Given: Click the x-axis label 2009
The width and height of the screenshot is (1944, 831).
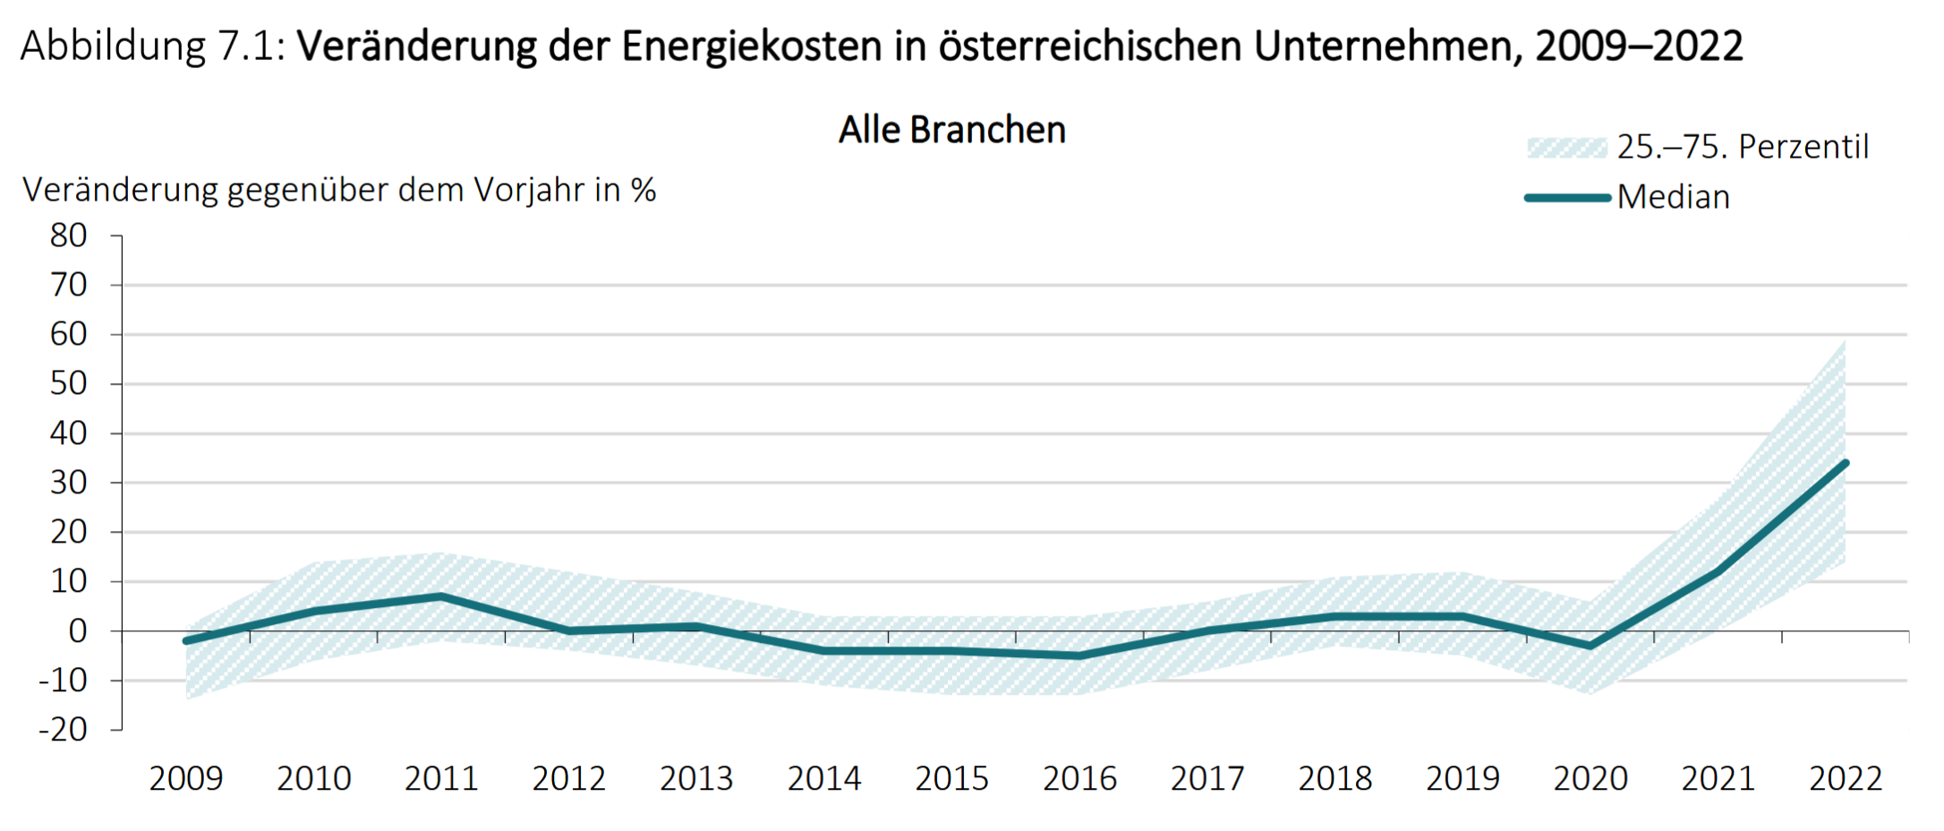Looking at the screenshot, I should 186,779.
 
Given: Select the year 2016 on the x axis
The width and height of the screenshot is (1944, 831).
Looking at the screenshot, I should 1079,779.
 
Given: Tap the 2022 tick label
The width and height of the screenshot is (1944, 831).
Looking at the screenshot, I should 1846,779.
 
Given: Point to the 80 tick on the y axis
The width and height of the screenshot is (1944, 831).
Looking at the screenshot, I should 69,236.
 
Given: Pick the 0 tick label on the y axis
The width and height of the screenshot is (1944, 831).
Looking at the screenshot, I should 78,631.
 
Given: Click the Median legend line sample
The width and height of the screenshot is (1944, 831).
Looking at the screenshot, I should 1567,198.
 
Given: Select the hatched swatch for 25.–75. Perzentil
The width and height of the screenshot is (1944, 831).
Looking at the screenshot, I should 1567,148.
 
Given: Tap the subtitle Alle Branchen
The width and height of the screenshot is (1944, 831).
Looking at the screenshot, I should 952,131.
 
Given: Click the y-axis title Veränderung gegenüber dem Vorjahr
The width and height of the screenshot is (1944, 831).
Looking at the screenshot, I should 339,191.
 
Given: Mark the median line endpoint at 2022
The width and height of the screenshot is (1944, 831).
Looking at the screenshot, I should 1846,463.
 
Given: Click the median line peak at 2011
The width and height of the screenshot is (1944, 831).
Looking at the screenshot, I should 441,596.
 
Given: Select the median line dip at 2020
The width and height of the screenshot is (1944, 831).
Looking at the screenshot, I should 1590,646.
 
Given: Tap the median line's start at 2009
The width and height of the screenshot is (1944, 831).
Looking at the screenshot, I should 186,641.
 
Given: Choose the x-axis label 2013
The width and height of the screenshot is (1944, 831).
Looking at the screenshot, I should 696,779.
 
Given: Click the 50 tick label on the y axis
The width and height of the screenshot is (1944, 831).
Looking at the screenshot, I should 69,384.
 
